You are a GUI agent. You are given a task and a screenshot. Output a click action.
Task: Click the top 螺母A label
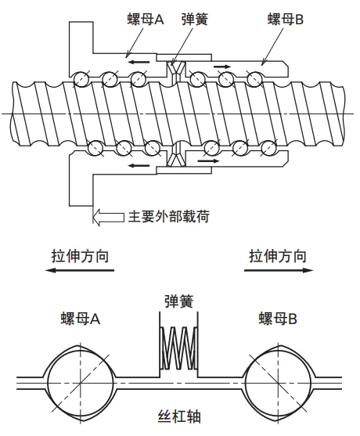(146, 20)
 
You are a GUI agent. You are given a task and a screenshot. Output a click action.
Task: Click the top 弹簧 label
(195, 20)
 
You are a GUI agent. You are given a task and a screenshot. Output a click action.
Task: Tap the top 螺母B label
(285, 20)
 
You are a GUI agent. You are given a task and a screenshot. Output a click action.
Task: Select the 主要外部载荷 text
(169, 216)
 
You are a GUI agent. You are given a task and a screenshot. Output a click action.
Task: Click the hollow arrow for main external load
(109, 217)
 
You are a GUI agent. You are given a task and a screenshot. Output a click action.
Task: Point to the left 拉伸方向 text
(80, 256)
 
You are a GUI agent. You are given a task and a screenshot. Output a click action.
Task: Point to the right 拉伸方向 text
(278, 256)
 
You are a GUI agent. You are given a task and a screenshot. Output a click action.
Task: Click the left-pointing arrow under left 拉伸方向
(80, 270)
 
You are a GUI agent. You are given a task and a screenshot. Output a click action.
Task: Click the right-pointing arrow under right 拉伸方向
(279, 270)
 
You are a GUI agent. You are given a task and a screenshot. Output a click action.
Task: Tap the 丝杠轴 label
(179, 416)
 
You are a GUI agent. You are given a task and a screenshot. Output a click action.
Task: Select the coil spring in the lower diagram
(178, 348)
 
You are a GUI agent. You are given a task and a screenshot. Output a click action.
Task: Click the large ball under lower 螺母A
(81, 384)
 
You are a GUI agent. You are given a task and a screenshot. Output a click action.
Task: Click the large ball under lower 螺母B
(279, 384)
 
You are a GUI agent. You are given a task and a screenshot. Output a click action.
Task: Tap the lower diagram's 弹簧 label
(178, 301)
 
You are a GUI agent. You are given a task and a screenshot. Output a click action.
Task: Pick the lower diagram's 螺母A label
(81, 319)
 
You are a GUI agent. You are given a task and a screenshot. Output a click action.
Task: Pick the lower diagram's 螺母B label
(278, 319)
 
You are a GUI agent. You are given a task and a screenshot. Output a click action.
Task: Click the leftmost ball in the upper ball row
(81, 80)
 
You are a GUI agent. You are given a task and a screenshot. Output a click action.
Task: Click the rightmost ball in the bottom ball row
(268, 148)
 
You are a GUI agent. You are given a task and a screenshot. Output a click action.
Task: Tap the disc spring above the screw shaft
(177, 73)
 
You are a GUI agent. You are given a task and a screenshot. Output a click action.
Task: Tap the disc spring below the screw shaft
(177, 154)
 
